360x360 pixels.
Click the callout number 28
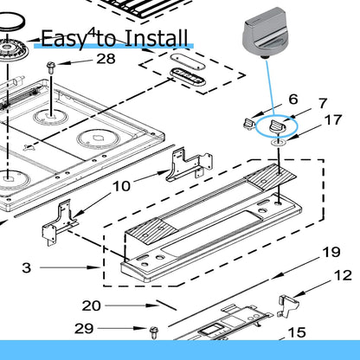coord(106,59)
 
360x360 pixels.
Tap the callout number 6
coord(293,100)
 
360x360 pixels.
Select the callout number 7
coord(323,104)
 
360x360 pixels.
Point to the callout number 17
coord(333,120)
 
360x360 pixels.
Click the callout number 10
coord(121,186)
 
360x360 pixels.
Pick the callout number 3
coord(27,267)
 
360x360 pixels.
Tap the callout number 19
coord(331,252)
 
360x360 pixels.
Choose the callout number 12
coord(344,275)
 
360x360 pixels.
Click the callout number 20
coord(92,305)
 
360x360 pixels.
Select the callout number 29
coord(84,328)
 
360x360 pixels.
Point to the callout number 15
coord(297,332)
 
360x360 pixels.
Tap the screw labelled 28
coord(51,68)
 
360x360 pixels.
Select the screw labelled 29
coord(154,332)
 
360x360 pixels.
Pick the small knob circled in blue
coord(276,127)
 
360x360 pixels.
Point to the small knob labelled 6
coord(249,125)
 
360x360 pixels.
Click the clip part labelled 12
coord(288,305)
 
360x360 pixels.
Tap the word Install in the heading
coord(157,38)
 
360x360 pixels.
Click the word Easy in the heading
coord(63,39)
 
